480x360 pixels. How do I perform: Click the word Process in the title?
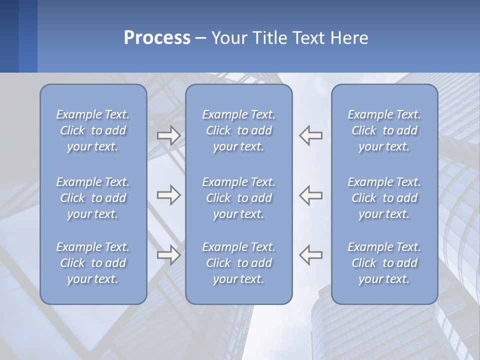(x=157, y=38)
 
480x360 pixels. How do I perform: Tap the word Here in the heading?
(x=349, y=38)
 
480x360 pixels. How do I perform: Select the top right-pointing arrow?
(x=168, y=135)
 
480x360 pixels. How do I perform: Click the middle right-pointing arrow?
(x=168, y=195)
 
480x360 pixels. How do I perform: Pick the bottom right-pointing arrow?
(x=168, y=255)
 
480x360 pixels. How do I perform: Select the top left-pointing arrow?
(x=311, y=135)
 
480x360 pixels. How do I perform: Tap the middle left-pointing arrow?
(x=311, y=195)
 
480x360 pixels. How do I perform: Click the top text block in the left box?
(x=93, y=130)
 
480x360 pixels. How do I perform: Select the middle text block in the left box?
(x=93, y=198)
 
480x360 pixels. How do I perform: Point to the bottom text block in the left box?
(x=93, y=263)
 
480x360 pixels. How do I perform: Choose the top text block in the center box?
(x=238, y=130)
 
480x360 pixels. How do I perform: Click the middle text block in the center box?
(x=238, y=198)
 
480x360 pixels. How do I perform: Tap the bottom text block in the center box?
(x=238, y=263)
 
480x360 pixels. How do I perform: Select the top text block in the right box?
(x=384, y=130)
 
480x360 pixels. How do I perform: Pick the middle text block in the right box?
(x=384, y=198)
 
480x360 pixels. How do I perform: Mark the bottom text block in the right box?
(x=384, y=263)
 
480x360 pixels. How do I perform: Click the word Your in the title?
(x=228, y=38)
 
